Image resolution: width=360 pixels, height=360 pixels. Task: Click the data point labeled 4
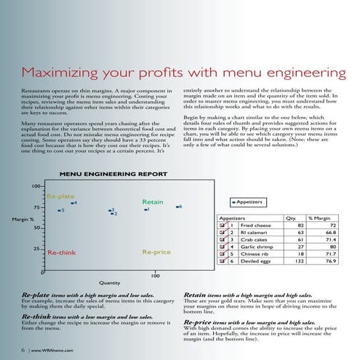point(71,202)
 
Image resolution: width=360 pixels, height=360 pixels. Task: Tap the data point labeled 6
point(177,207)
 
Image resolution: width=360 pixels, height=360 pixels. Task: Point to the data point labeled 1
point(144,210)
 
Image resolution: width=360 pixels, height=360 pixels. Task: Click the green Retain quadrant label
point(152,201)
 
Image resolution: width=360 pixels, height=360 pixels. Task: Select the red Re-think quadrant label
point(62,252)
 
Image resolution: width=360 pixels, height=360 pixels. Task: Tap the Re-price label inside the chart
point(156,252)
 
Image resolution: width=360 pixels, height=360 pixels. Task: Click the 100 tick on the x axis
point(155,276)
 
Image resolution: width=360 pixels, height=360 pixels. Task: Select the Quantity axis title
point(109,283)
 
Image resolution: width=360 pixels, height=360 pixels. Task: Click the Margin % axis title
point(20,219)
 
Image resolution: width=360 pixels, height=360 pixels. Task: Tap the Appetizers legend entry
point(247,201)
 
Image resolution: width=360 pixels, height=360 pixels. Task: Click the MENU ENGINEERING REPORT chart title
point(113,175)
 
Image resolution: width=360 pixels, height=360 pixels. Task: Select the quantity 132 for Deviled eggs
point(294,261)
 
